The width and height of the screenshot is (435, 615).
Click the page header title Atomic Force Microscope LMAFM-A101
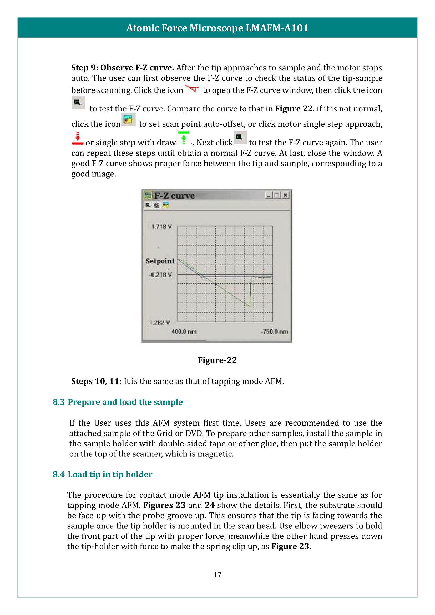coord(217,28)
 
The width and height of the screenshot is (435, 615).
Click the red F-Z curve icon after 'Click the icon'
coord(192,88)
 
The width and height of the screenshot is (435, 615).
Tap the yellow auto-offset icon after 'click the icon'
coord(128,120)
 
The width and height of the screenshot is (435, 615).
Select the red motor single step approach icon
coord(77,139)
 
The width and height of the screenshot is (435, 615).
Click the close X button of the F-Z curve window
coord(286,195)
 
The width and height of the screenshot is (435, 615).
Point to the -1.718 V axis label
coord(160,227)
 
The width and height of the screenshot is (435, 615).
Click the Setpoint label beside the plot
coord(160,261)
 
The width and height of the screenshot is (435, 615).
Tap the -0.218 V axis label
coord(160,275)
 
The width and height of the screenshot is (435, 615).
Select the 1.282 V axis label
coord(160,323)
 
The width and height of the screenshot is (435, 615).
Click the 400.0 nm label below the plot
coord(184,332)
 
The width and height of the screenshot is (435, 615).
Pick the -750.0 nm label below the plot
coord(274,332)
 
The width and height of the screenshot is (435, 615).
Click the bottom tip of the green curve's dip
coord(249,306)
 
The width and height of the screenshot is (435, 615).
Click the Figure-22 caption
coord(217,360)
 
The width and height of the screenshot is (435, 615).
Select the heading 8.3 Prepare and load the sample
coord(118,402)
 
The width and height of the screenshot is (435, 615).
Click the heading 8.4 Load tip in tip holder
coord(102,474)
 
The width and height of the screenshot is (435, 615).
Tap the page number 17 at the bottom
coord(217,575)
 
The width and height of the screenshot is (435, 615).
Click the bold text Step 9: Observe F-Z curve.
coord(122,68)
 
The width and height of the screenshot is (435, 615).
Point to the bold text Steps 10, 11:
coord(97,381)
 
